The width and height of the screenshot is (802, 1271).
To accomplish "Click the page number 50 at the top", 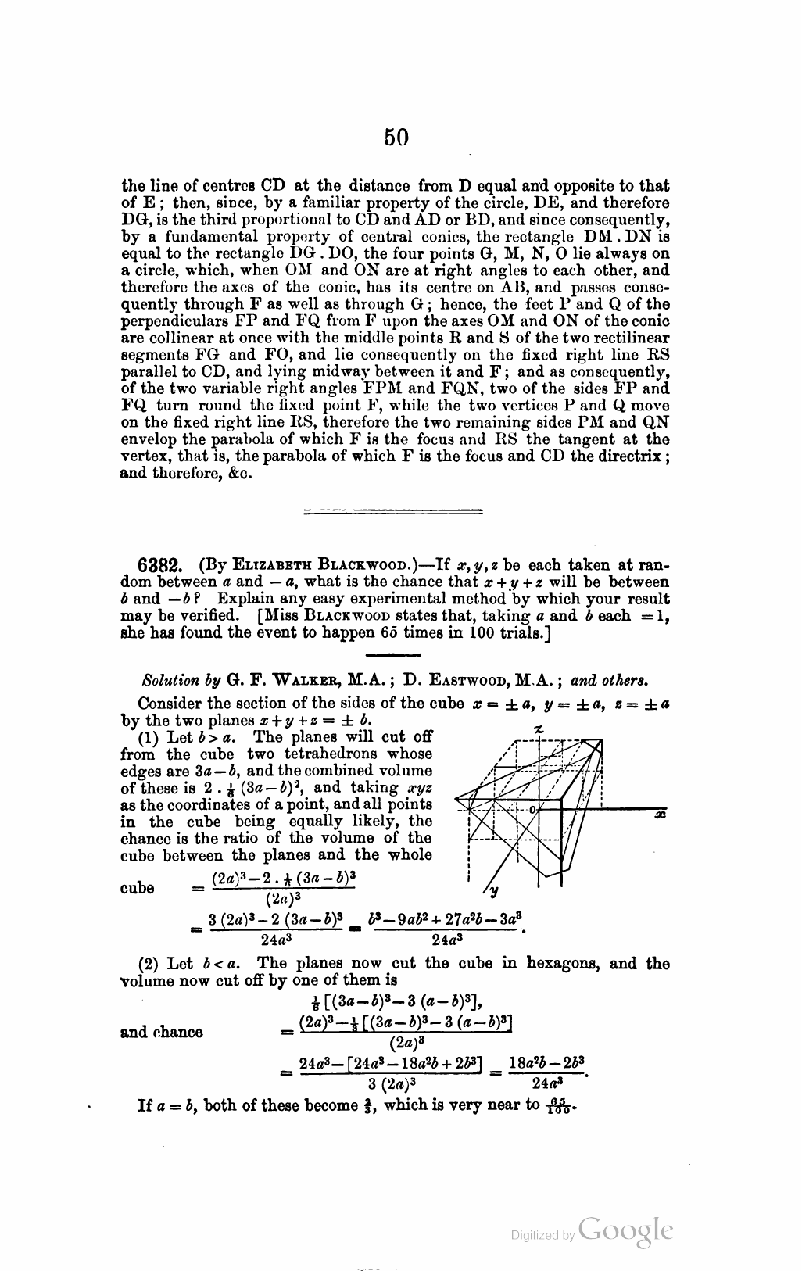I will click(x=397, y=138).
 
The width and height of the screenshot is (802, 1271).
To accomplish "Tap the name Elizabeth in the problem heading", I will click(x=262, y=565).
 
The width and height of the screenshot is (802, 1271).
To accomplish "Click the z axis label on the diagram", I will click(x=538, y=729).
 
